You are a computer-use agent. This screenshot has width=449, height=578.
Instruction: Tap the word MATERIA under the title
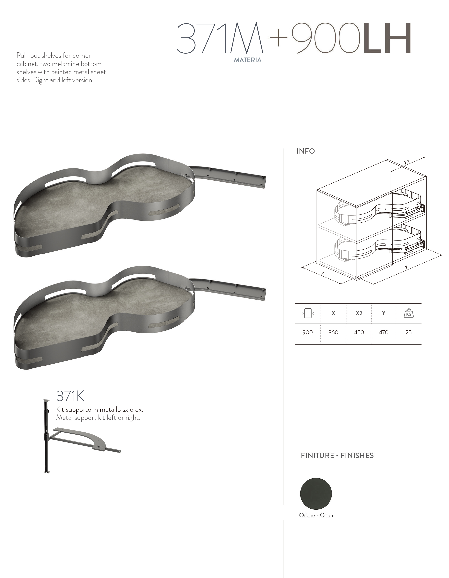click(248, 60)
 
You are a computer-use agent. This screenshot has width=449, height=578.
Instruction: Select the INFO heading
click(306, 151)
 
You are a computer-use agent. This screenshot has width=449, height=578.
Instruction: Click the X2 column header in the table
click(359, 313)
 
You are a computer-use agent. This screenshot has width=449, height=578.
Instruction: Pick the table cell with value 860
click(333, 332)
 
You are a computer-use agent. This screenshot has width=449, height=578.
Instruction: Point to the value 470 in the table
click(384, 332)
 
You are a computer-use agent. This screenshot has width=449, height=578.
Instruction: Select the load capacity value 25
click(408, 332)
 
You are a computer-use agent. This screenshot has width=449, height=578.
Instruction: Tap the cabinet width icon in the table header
click(308, 313)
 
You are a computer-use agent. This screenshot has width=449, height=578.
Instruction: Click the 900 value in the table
click(308, 332)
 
